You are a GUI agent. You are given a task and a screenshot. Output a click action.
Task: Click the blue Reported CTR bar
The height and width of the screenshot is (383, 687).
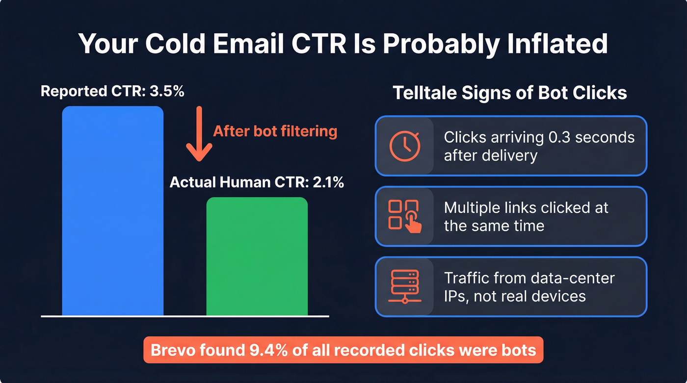[x=112, y=211]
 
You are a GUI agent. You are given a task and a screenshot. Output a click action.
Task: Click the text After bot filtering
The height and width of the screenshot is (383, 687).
[x=275, y=131]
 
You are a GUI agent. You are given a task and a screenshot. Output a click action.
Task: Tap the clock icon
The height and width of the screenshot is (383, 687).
[x=404, y=146]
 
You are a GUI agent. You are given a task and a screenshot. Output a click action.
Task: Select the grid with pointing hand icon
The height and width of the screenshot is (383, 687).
[x=404, y=216]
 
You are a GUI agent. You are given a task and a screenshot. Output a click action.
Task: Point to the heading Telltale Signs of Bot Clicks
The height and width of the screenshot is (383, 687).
[x=510, y=93]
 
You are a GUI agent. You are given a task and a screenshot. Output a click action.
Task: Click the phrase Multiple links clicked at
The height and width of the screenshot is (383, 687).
[x=526, y=207]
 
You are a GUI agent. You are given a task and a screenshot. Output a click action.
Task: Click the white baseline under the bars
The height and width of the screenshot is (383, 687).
[x=185, y=316]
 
